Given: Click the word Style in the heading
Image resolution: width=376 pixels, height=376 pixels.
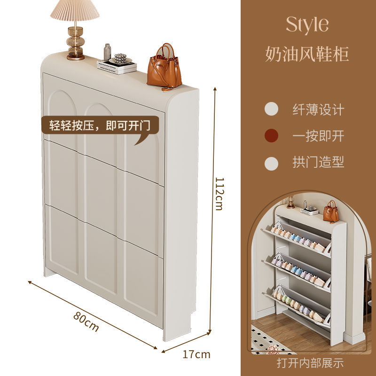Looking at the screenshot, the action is click(307, 24).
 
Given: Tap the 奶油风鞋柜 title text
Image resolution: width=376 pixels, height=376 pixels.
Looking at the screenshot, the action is click(307, 54).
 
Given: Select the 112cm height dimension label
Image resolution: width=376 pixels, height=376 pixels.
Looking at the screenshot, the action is click(219, 193).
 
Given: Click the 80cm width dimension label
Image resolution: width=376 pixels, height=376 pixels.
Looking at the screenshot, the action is click(86, 321).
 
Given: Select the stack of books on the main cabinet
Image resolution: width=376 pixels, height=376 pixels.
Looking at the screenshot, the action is click(117, 67).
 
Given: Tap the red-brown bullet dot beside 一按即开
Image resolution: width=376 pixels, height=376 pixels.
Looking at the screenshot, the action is click(271, 136).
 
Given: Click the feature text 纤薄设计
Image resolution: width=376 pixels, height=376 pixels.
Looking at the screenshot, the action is click(318, 110).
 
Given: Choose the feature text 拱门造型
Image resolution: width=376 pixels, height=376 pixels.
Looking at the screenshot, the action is click(318, 163).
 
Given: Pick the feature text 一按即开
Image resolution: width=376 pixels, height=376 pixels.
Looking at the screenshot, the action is click(318, 136).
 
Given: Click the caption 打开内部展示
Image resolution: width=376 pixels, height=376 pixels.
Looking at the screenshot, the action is click(310, 363).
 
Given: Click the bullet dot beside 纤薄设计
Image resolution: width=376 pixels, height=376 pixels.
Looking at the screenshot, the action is click(271, 110).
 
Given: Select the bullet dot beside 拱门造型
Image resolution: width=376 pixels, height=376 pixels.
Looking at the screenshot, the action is click(271, 163).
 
